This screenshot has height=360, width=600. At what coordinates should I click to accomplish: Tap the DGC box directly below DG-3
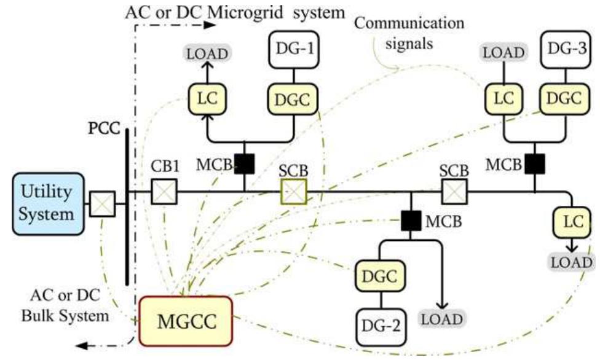coord(562,98)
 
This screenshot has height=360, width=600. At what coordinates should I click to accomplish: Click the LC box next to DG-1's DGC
coord(207,98)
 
